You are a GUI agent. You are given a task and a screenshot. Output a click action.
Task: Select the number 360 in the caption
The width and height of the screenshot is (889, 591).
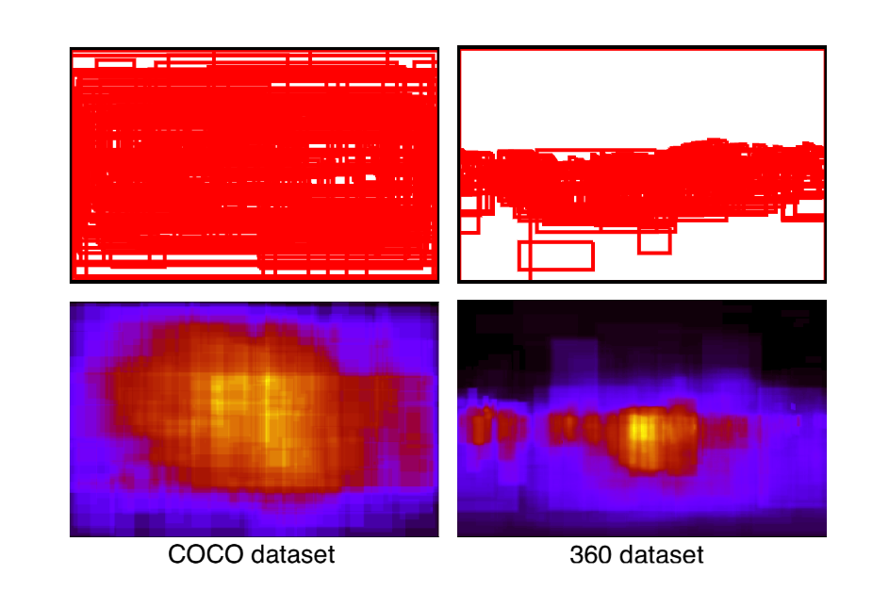tap(590, 555)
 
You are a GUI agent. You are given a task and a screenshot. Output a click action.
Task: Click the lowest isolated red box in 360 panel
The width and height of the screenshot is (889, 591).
tap(556, 255)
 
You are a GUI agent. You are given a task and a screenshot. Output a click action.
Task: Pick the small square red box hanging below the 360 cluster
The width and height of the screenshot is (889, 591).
tap(653, 241)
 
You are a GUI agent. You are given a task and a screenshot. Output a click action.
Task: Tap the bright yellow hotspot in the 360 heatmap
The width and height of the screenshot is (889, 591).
tap(641, 430)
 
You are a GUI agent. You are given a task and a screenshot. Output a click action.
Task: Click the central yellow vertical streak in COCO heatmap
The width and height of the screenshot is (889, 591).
tap(267, 405)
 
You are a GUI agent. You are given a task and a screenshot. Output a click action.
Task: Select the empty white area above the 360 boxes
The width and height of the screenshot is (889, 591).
tap(641, 94)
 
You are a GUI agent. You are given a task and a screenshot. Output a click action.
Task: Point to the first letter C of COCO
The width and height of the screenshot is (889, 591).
tap(176, 555)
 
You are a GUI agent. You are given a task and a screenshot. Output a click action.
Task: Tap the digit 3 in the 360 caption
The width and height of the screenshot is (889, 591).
tap(576, 555)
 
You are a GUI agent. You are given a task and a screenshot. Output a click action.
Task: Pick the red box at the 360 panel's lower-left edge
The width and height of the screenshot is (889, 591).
tap(469, 222)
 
